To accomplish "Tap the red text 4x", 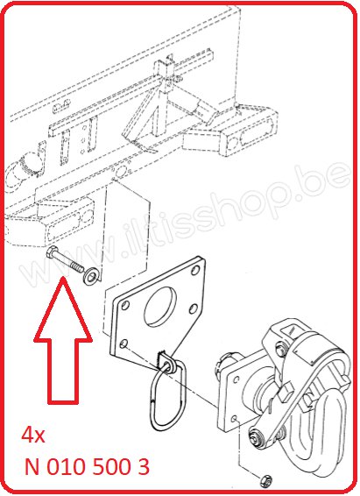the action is click(x=33, y=436).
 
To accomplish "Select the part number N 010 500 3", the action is click(x=87, y=466).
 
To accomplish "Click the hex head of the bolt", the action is click(x=51, y=252).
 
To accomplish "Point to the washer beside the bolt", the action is click(x=90, y=275).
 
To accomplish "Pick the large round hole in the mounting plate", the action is click(x=160, y=306).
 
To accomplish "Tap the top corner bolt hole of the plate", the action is click(x=196, y=270).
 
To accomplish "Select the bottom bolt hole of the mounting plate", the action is click(x=124, y=344).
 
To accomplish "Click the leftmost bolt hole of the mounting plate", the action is click(x=125, y=306).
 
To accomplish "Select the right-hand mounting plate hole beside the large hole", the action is click(x=194, y=308).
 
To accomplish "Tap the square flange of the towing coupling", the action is click(x=234, y=399).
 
